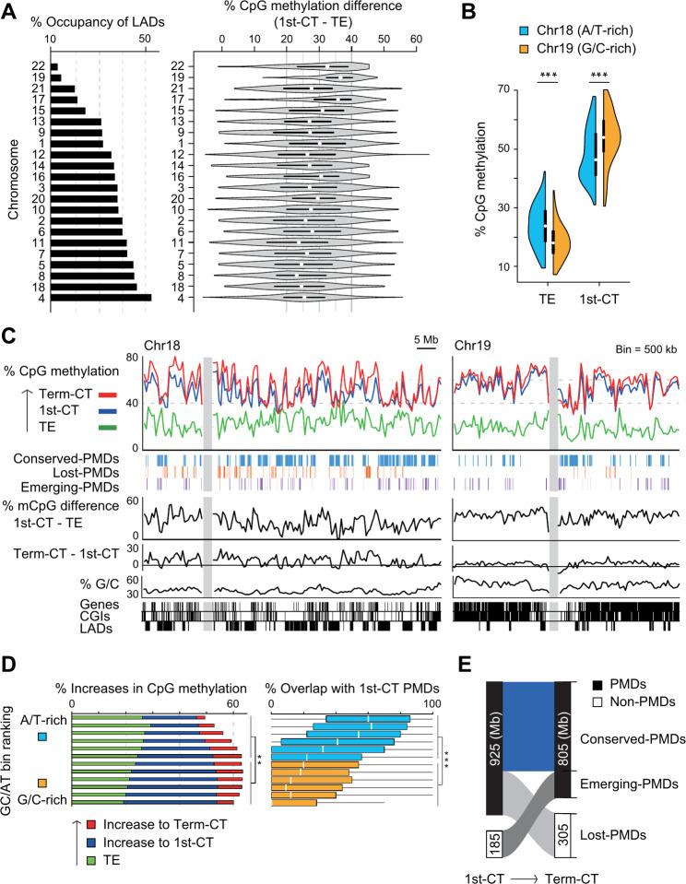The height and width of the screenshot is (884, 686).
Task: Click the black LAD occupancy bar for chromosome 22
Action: click(54, 66)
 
